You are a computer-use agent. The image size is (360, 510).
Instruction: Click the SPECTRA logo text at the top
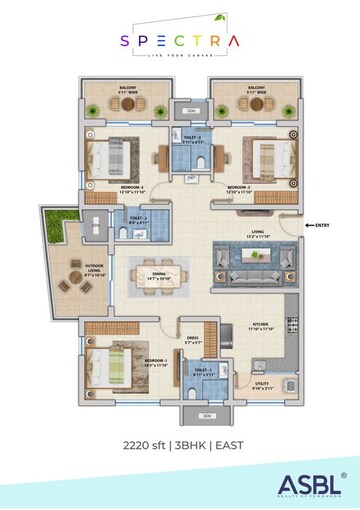pyautogui.click(x=179, y=41)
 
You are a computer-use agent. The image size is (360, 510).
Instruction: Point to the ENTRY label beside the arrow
pyautogui.click(x=321, y=226)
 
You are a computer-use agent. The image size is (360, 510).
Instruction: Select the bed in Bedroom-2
pyautogui.click(x=109, y=159)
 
